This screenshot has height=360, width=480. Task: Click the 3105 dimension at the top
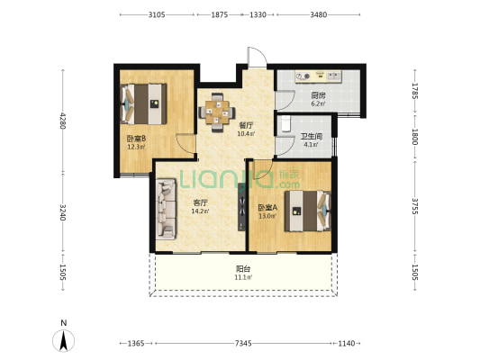(x=157, y=14)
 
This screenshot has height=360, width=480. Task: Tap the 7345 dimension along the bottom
(x=243, y=344)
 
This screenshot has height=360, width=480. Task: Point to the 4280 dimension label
(x=63, y=121)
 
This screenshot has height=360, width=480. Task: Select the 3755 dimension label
(x=415, y=206)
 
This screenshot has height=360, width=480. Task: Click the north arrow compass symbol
(x=64, y=340)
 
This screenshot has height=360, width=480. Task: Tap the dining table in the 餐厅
(x=217, y=112)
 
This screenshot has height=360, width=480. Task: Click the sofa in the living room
(x=166, y=209)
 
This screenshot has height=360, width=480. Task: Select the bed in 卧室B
(x=144, y=104)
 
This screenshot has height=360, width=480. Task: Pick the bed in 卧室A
(x=308, y=211)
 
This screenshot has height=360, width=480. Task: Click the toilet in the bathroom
(x=285, y=123)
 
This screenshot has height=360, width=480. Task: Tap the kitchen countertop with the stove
(x=319, y=76)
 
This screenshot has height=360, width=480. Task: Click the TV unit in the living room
(x=242, y=207)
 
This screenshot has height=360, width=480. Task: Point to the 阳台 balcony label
(x=243, y=269)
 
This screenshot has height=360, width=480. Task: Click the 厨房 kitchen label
(x=319, y=95)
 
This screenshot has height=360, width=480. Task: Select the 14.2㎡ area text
(x=200, y=211)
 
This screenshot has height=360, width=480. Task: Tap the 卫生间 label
(x=312, y=137)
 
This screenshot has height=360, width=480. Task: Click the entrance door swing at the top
(x=257, y=57)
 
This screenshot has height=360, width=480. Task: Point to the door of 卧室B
(x=186, y=143)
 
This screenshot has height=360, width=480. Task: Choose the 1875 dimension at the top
(x=220, y=14)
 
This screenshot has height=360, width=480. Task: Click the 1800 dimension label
(x=415, y=137)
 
